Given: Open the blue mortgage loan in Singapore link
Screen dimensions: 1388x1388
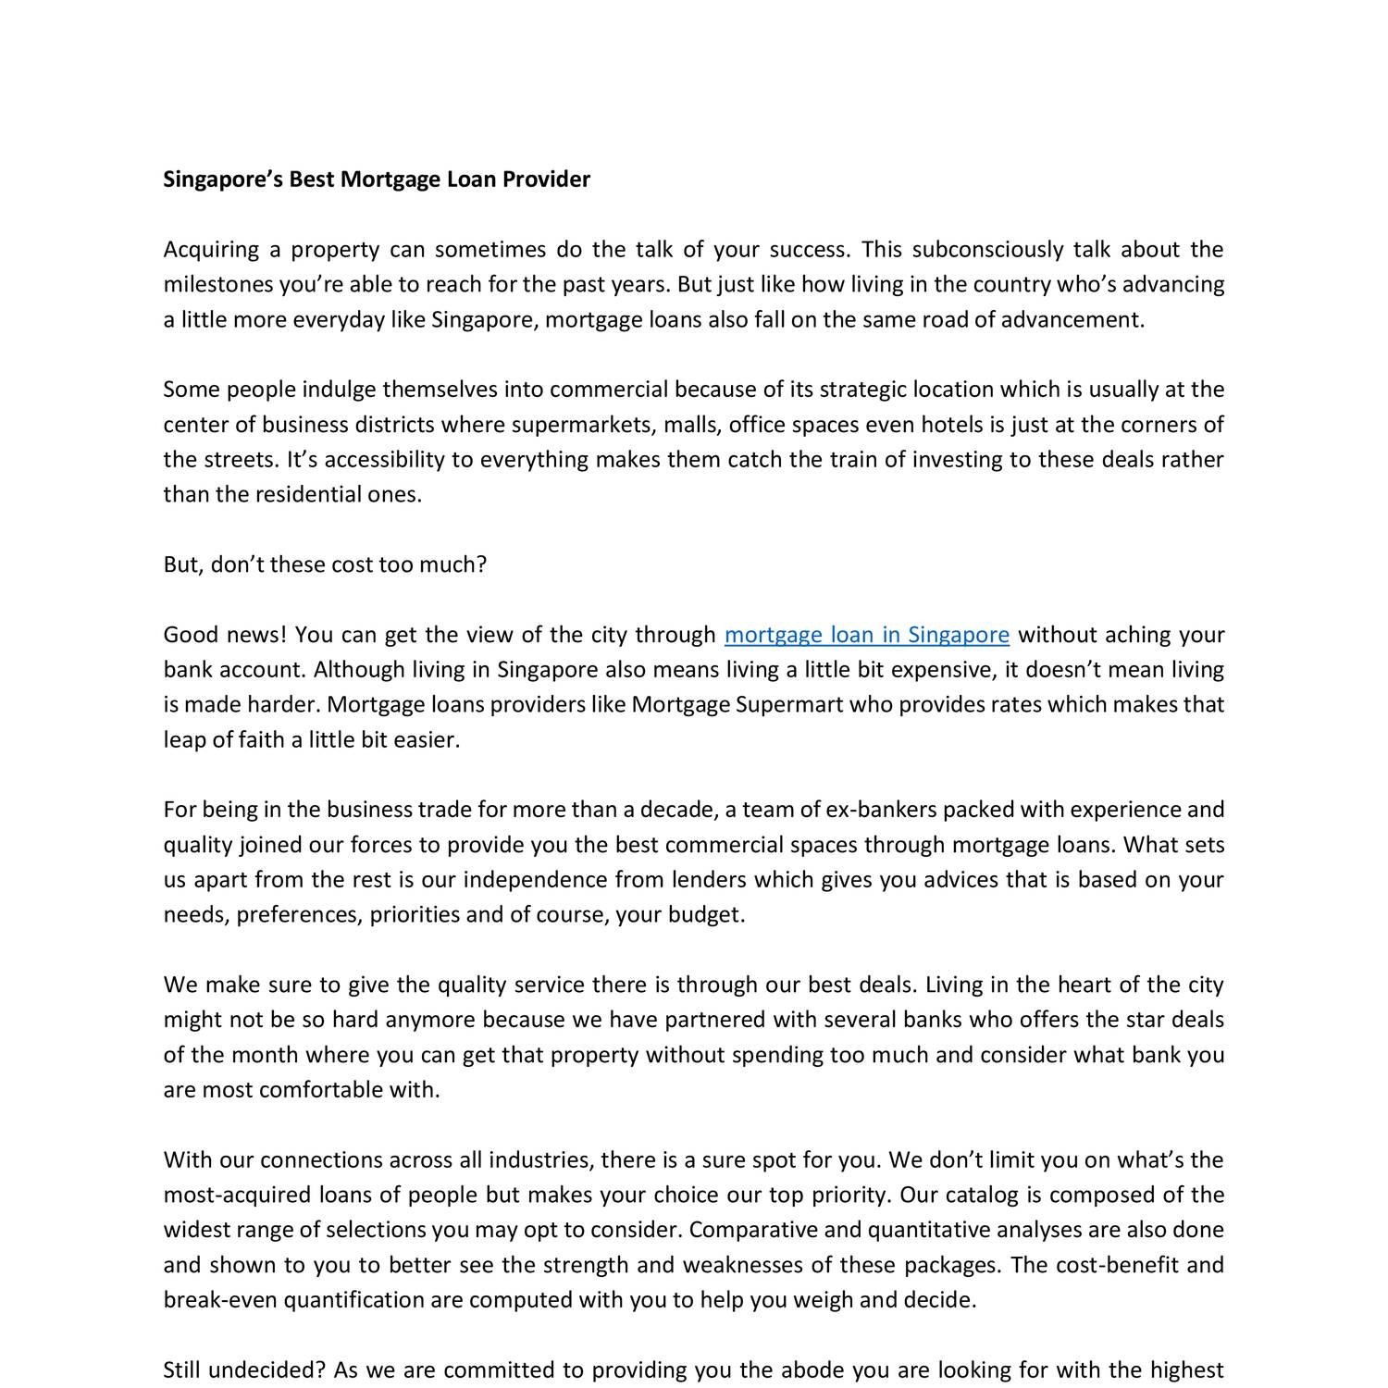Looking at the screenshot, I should [866, 635].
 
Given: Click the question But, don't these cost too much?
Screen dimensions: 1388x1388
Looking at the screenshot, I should [325, 564].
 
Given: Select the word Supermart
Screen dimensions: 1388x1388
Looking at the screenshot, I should [789, 705].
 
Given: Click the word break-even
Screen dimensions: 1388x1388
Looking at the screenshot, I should [220, 1300].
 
